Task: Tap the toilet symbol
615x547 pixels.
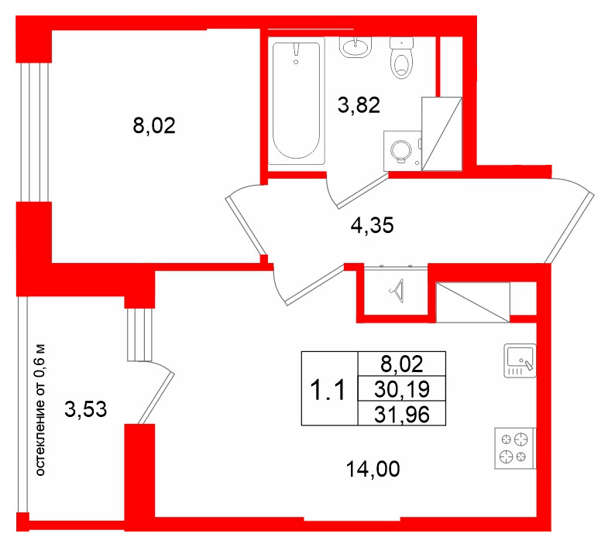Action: point(402,57)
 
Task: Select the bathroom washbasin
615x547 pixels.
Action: point(356,47)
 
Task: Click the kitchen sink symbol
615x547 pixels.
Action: point(520,361)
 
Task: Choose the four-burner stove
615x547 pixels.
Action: point(514,448)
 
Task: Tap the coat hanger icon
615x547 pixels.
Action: point(397,291)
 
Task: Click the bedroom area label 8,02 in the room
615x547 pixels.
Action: point(154,126)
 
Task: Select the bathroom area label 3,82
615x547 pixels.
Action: point(359,105)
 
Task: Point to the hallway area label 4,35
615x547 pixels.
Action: point(372,225)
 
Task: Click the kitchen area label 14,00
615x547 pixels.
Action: point(373,469)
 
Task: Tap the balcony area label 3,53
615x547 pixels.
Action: point(85,409)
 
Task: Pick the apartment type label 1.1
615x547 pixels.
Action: point(328,390)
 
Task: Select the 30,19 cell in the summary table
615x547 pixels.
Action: point(402,389)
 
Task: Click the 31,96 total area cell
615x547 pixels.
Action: point(402,414)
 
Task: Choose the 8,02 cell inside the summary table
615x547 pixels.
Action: point(402,364)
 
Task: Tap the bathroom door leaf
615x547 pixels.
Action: point(362,191)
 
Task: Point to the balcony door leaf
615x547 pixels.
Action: point(156,398)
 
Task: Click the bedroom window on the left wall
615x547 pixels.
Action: point(34,132)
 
